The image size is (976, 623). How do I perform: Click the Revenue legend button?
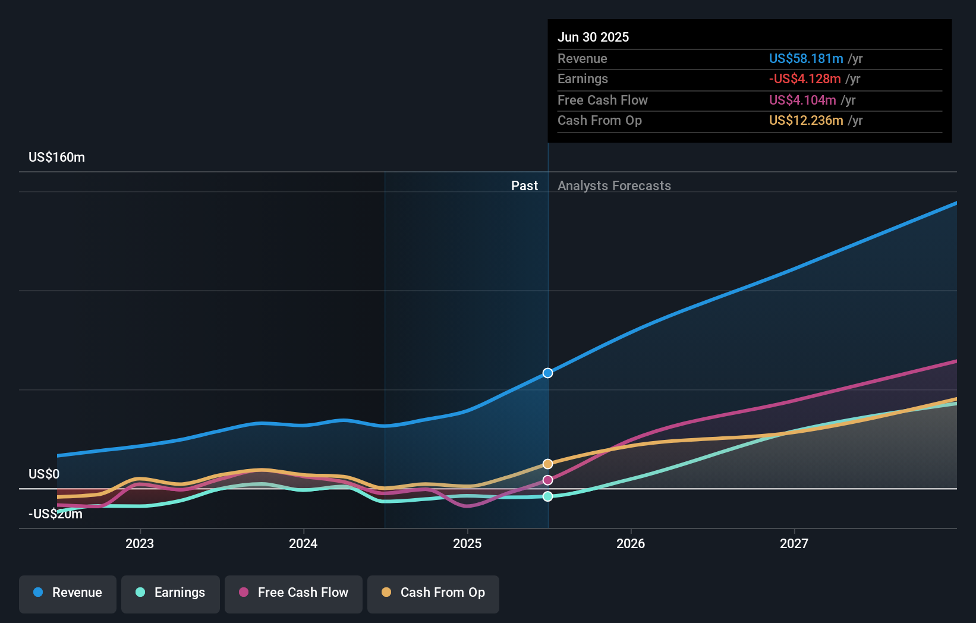[68, 593]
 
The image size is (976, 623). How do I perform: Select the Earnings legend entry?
[171, 593]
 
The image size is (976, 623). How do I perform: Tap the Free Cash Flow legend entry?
[294, 593]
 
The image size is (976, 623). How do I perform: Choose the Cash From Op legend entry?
[433, 593]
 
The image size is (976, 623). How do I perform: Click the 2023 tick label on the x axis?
[140, 543]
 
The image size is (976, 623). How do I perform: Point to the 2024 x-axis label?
[303, 543]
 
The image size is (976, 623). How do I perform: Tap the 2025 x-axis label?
[467, 543]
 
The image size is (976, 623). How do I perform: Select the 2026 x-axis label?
[631, 543]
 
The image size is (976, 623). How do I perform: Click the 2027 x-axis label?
[794, 543]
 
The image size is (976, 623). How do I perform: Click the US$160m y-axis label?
[56, 158]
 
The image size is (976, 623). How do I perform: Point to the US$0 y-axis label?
[44, 474]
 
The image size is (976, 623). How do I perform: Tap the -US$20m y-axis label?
[55, 514]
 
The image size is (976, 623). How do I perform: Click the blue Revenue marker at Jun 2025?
[548, 373]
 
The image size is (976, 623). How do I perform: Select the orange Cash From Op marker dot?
[548, 464]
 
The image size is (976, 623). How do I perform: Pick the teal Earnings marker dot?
[548, 496]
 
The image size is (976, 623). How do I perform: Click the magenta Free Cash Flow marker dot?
[548, 480]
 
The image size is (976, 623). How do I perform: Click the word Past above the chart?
[524, 186]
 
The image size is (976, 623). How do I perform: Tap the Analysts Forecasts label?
[614, 186]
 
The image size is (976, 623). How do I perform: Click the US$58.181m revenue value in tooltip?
[805, 59]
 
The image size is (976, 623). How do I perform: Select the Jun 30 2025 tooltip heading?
[593, 37]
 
